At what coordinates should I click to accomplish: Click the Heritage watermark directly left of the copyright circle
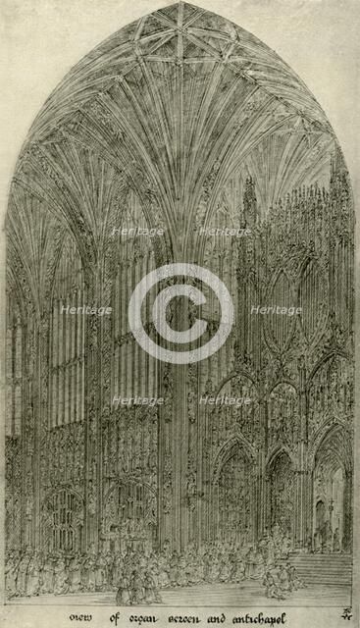(86, 310)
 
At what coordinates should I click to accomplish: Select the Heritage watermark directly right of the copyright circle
(276, 310)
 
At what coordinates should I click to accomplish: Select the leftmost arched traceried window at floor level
(64, 519)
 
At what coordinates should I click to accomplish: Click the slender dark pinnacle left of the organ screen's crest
(249, 196)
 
